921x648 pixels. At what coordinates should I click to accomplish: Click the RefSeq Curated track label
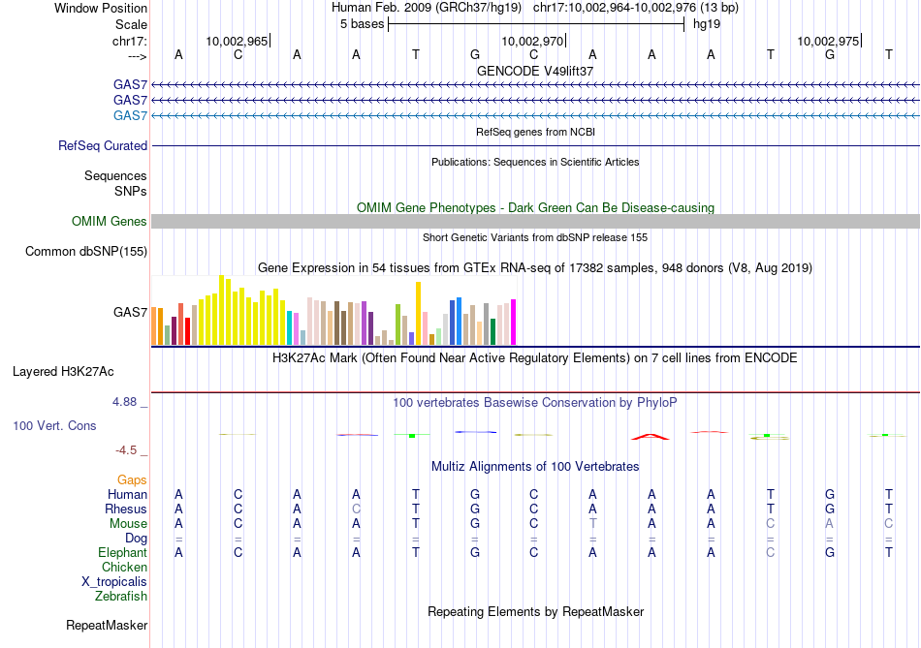pyautogui.click(x=103, y=145)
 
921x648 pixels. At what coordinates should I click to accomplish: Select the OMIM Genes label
pyautogui.click(x=110, y=222)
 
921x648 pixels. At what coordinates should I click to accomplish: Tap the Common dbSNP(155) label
pyautogui.click(x=86, y=252)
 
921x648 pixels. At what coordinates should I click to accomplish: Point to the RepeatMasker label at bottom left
pyautogui.click(x=107, y=626)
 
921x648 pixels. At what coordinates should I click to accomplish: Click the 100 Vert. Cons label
pyautogui.click(x=55, y=425)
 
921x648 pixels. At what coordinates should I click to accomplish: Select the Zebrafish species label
pyautogui.click(x=121, y=597)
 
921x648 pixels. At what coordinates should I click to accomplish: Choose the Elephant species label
pyautogui.click(x=122, y=552)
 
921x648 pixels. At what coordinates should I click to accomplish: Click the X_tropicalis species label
pyautogui.click(x=114, y=582)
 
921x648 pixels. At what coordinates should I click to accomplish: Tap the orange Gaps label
pyautogui.click(x=132, y=479)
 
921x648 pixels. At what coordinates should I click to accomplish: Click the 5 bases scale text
pyautogui.click(x=362, y=23)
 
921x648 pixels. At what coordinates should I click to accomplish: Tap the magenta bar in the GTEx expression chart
pyautogui.click(x=513, y=322)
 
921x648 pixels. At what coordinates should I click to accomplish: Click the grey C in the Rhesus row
pyautogui.click(x=357, y=509)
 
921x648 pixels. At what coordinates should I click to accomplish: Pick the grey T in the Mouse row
pyautogui.click(x=593, y=523)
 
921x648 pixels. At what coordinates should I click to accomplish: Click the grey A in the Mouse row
pyautogui.click(x=830, y=523)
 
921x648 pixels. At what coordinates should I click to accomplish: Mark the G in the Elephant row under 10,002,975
pyautogui.click(x=830, y=552)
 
